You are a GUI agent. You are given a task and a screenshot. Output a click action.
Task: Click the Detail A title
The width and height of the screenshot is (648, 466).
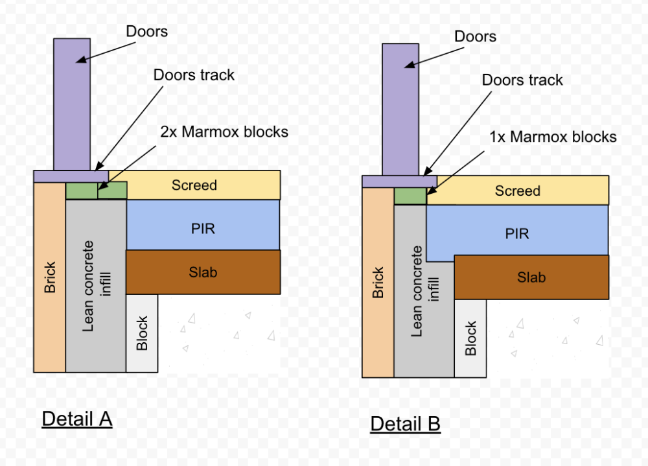77,419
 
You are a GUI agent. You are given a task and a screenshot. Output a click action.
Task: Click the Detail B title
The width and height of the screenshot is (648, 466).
406,424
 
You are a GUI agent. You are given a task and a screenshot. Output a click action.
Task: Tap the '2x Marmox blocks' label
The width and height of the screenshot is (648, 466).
224,132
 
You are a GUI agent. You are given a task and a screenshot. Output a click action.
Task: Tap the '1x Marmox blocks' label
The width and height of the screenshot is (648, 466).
553,137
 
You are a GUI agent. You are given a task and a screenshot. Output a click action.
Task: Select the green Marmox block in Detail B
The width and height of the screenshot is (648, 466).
410,196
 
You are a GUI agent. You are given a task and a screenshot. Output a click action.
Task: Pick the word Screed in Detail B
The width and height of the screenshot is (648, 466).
517,191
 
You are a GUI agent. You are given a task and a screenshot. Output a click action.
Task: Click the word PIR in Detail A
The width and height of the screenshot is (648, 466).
203,229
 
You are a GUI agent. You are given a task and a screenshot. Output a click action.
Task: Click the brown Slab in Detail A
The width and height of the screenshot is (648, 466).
203,272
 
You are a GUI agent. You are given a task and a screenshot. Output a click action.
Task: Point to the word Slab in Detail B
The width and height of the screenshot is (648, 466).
531,277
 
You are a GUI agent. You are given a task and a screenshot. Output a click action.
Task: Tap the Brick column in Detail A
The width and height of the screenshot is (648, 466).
50,277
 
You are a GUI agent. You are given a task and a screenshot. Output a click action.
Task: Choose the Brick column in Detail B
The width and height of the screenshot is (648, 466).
378,283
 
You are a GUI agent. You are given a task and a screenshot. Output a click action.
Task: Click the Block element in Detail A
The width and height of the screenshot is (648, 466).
142,333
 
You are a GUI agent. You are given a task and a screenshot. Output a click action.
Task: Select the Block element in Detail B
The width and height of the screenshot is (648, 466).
470,338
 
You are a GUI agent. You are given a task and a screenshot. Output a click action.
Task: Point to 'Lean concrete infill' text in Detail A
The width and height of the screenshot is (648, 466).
97,286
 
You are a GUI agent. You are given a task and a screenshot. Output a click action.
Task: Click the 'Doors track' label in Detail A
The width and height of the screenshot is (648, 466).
194,75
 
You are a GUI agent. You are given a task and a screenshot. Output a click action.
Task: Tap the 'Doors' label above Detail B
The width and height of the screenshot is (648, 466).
475,36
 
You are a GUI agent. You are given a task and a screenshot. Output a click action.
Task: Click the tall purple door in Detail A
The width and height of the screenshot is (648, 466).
72,104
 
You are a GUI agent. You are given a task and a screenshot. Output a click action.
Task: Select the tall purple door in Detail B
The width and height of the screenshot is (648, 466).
400,110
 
